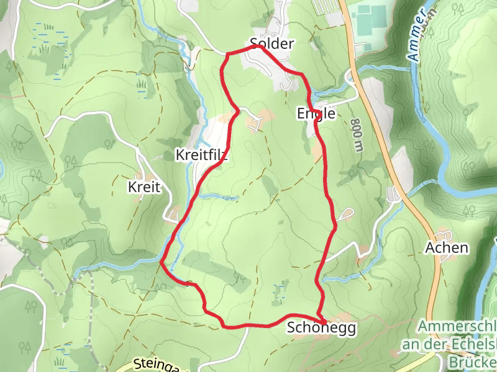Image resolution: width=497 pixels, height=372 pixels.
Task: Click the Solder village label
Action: click(x=271, y=43)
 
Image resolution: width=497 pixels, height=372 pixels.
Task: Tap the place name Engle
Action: click(x=316, y=114)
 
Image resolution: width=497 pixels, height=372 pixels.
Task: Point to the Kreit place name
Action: click(x=144, y=187)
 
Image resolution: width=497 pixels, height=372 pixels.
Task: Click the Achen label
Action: click(x=446, y=247)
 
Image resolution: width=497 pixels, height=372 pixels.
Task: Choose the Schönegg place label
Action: click(x=322, y=329)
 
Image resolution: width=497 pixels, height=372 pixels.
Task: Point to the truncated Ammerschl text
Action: click(x=457, y=326)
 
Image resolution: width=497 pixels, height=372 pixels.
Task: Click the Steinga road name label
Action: click(x=155, y=365)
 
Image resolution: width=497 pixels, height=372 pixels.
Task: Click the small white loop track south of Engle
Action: click(x=346, y=215)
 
